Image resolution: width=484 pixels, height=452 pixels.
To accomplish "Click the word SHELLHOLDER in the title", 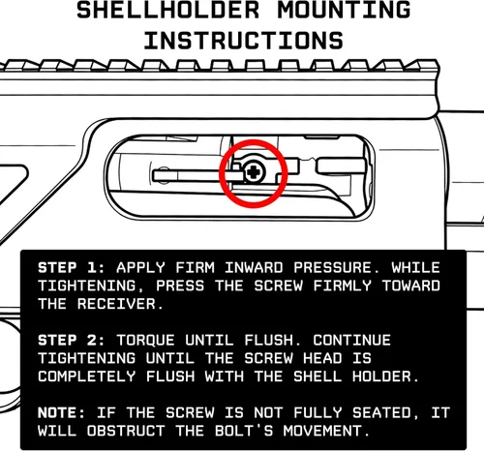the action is [168, 10].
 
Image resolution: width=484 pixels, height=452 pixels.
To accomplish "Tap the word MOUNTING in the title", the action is [344, 10].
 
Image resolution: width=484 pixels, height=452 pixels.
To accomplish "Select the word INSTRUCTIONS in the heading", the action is [244, 41].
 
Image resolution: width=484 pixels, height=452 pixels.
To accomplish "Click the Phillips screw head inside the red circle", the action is [254, 172].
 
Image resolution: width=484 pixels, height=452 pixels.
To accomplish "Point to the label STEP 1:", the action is [72, 268].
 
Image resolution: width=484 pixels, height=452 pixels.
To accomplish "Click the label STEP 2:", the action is [72, 341].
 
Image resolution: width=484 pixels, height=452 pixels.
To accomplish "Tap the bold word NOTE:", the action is [61, 413].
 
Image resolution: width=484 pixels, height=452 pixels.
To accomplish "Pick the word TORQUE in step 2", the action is [146, 341].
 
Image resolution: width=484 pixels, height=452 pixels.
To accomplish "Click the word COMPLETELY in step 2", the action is [87, 377].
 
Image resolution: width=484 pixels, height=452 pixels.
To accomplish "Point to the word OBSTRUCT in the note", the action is [126, 431].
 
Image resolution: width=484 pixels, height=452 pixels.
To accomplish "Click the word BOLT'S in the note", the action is [244, 431].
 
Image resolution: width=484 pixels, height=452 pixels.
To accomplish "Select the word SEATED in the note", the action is [381, 413].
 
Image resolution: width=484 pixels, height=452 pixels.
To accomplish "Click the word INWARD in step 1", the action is [254, 268].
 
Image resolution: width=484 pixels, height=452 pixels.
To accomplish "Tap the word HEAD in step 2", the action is [322, 358].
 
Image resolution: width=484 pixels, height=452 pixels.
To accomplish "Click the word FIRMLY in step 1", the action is [343, 286].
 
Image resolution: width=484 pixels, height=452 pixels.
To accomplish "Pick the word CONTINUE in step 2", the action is [352, 341].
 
